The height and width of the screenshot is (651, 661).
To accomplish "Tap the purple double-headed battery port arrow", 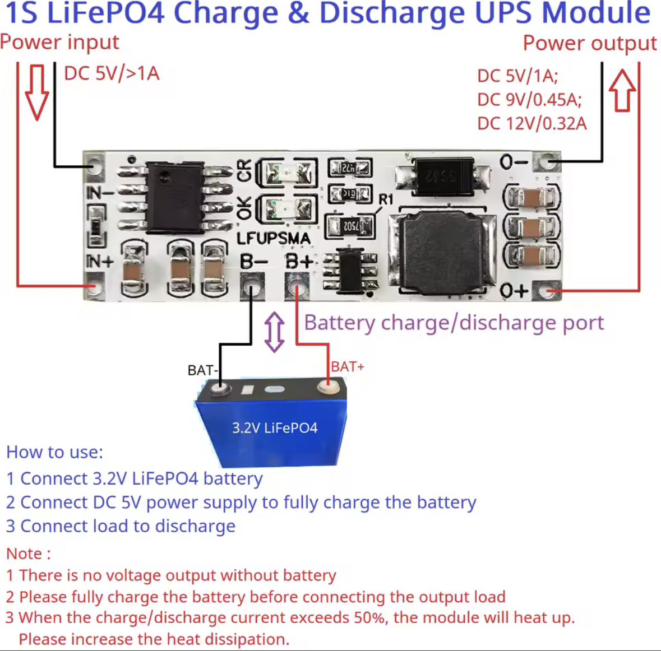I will point(274,332).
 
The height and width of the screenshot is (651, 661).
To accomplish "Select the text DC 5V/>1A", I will point(112,73).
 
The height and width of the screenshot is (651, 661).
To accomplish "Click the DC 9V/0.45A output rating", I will point(529,100).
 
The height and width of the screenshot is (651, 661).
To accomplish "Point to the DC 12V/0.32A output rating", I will point(531,123).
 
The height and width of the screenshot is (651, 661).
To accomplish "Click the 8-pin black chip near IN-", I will point(174,197).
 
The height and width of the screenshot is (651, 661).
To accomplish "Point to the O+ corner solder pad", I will point(547,291).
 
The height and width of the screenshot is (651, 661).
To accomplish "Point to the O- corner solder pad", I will point(547,161).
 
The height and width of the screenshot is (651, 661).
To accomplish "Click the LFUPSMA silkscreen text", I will point(273,239).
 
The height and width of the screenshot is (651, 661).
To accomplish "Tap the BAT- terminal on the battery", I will point(220,388).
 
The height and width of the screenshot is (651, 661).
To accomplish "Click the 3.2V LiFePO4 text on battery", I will point(275,428).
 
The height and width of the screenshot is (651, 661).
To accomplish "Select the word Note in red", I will point(24,554).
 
